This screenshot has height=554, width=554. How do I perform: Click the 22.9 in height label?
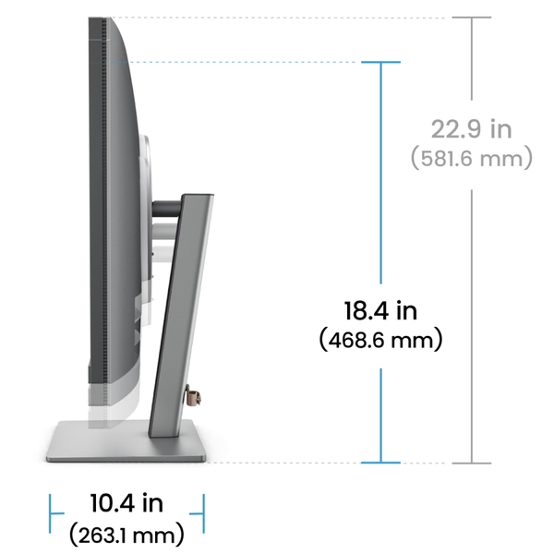pos(471,128)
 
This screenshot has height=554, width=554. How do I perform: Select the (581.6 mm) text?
pos(471,158)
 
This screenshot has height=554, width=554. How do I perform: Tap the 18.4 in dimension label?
pos(380,309)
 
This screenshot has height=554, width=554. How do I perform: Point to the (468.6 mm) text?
pos(380,340)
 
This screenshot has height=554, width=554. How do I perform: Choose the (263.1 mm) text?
pos(126,534)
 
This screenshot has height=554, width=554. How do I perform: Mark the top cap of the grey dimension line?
pos(472,18)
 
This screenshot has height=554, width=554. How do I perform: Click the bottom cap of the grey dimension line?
pos(472,462)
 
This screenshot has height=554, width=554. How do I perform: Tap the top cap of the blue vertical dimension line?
pos(380,62)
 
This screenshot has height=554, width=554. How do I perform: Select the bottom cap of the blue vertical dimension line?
pos(380,462)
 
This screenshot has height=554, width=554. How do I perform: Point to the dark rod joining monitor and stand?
pos(166,209)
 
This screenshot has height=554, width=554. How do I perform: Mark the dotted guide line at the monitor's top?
pos(277,18)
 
